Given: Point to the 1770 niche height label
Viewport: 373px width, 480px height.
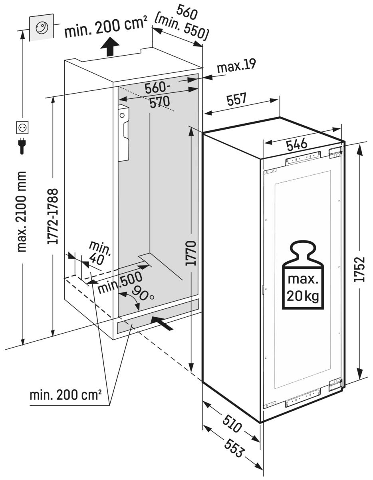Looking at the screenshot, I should click(x=192, y=253).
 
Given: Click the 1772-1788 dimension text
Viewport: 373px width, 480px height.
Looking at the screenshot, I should click(x=53, y=216).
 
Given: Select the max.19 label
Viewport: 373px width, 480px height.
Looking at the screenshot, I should click(x=236, y=66).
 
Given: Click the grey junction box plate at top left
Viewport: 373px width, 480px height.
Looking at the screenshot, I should click(x=40, y=28).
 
